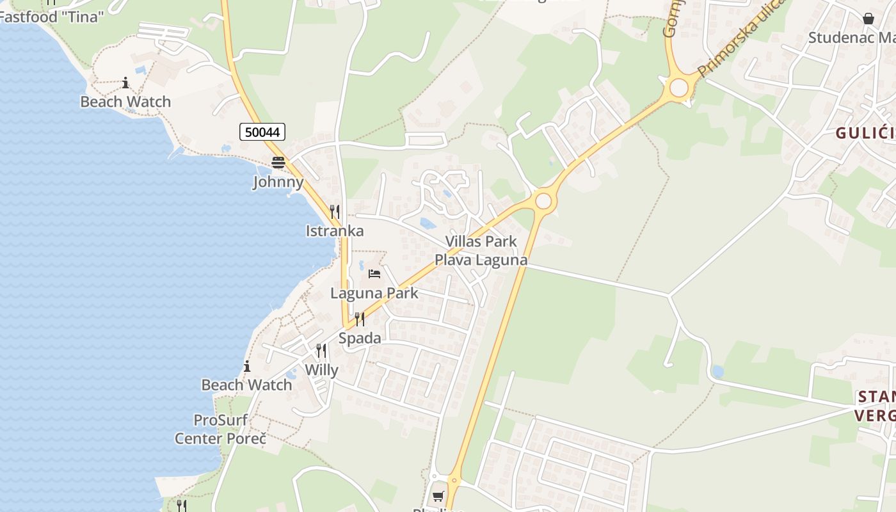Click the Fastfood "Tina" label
pos(51,17)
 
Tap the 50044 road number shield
pos(262,132)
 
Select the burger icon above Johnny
pos(278,163)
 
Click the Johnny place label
pos(278,182)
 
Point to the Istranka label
pos(335,231)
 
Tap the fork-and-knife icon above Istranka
pos(334,211)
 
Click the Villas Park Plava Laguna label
pos(481,251)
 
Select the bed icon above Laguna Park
pos(374,274)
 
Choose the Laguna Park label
pos(374,293)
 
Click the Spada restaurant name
pos(360,338)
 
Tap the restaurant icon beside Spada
pos(360,319)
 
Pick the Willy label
pos(321,370)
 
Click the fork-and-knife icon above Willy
pos(321,351)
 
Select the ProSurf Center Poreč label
pos(220,429)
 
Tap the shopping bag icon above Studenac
pos(868,19)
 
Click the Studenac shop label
pos(851,37)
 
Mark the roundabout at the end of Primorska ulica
pos(678,88)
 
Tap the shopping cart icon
pos(438,496)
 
